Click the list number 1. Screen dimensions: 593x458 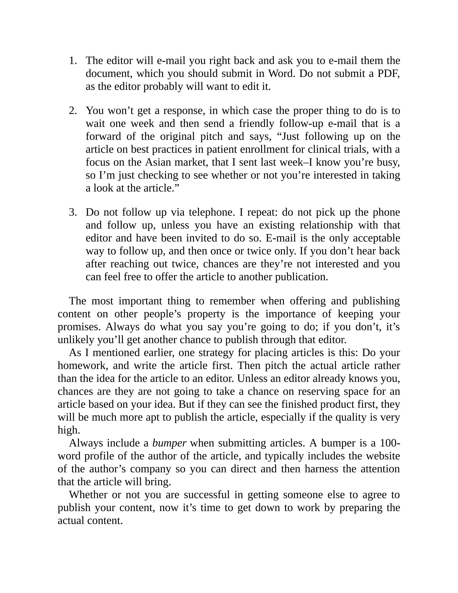pos(73,61)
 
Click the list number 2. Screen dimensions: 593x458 pos(73,111)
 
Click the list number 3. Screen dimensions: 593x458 pos(73,212)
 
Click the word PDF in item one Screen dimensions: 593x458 pos(388,74)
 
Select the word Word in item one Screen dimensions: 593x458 pos(281,74)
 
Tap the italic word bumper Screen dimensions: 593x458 pos(169,443)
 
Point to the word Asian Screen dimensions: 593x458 pos(158,162)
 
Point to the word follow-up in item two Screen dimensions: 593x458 pos(301,124)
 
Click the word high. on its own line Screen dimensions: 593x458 pos(69,430)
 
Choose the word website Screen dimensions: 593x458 pos(383,456)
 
